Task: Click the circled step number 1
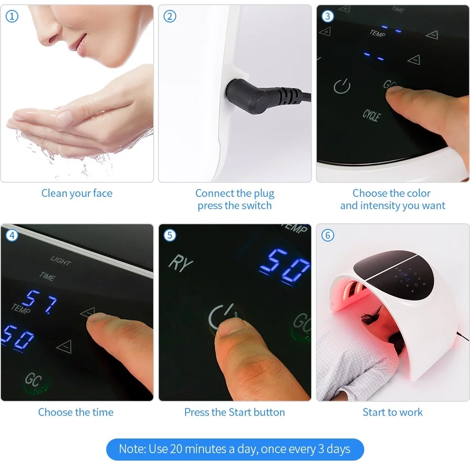click(12, 16)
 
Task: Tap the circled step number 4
click(12, 235)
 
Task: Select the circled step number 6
click(328, 235)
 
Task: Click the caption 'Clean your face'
click(77, 193)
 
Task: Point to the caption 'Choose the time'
click(76, 412)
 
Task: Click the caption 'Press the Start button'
click(235, 412)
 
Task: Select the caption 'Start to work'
click(392, 412)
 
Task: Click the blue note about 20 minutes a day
click(235, 448)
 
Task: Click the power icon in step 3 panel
click(342, 86)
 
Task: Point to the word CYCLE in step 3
click(371, 115)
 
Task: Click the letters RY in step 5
click(180, 263)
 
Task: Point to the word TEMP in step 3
click(377, 33)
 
